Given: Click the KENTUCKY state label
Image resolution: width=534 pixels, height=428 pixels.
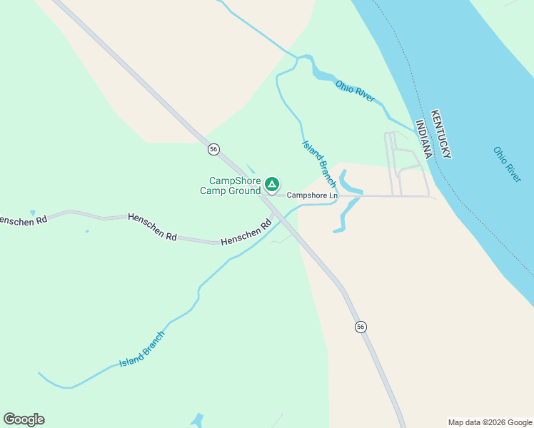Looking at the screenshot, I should (440, 134).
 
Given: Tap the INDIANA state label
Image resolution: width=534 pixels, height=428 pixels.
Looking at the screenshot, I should (424, 139).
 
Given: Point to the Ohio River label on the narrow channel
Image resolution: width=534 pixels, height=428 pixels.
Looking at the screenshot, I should (355, 91).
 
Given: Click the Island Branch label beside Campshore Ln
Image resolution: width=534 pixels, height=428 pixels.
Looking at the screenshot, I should (318, 163).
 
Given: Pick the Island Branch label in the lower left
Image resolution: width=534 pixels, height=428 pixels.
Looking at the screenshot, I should (142, 349).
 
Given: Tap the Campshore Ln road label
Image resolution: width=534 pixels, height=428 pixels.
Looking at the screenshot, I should (312, 195).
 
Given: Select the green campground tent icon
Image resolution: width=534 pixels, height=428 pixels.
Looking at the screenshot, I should (271, 185).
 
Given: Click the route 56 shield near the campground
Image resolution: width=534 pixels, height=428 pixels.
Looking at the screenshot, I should (213, 149).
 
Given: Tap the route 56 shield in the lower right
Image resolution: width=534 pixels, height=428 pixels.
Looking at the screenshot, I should (361, 326).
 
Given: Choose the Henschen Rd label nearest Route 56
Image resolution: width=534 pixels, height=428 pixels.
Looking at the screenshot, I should (247, 233).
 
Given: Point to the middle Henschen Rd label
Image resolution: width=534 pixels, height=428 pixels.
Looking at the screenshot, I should (152, 226).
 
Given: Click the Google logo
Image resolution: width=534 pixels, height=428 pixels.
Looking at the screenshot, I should (24, 419).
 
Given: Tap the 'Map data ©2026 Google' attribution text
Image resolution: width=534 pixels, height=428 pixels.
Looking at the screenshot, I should (490, 422).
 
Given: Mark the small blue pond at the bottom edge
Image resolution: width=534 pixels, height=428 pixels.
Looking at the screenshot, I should (197, 419).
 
